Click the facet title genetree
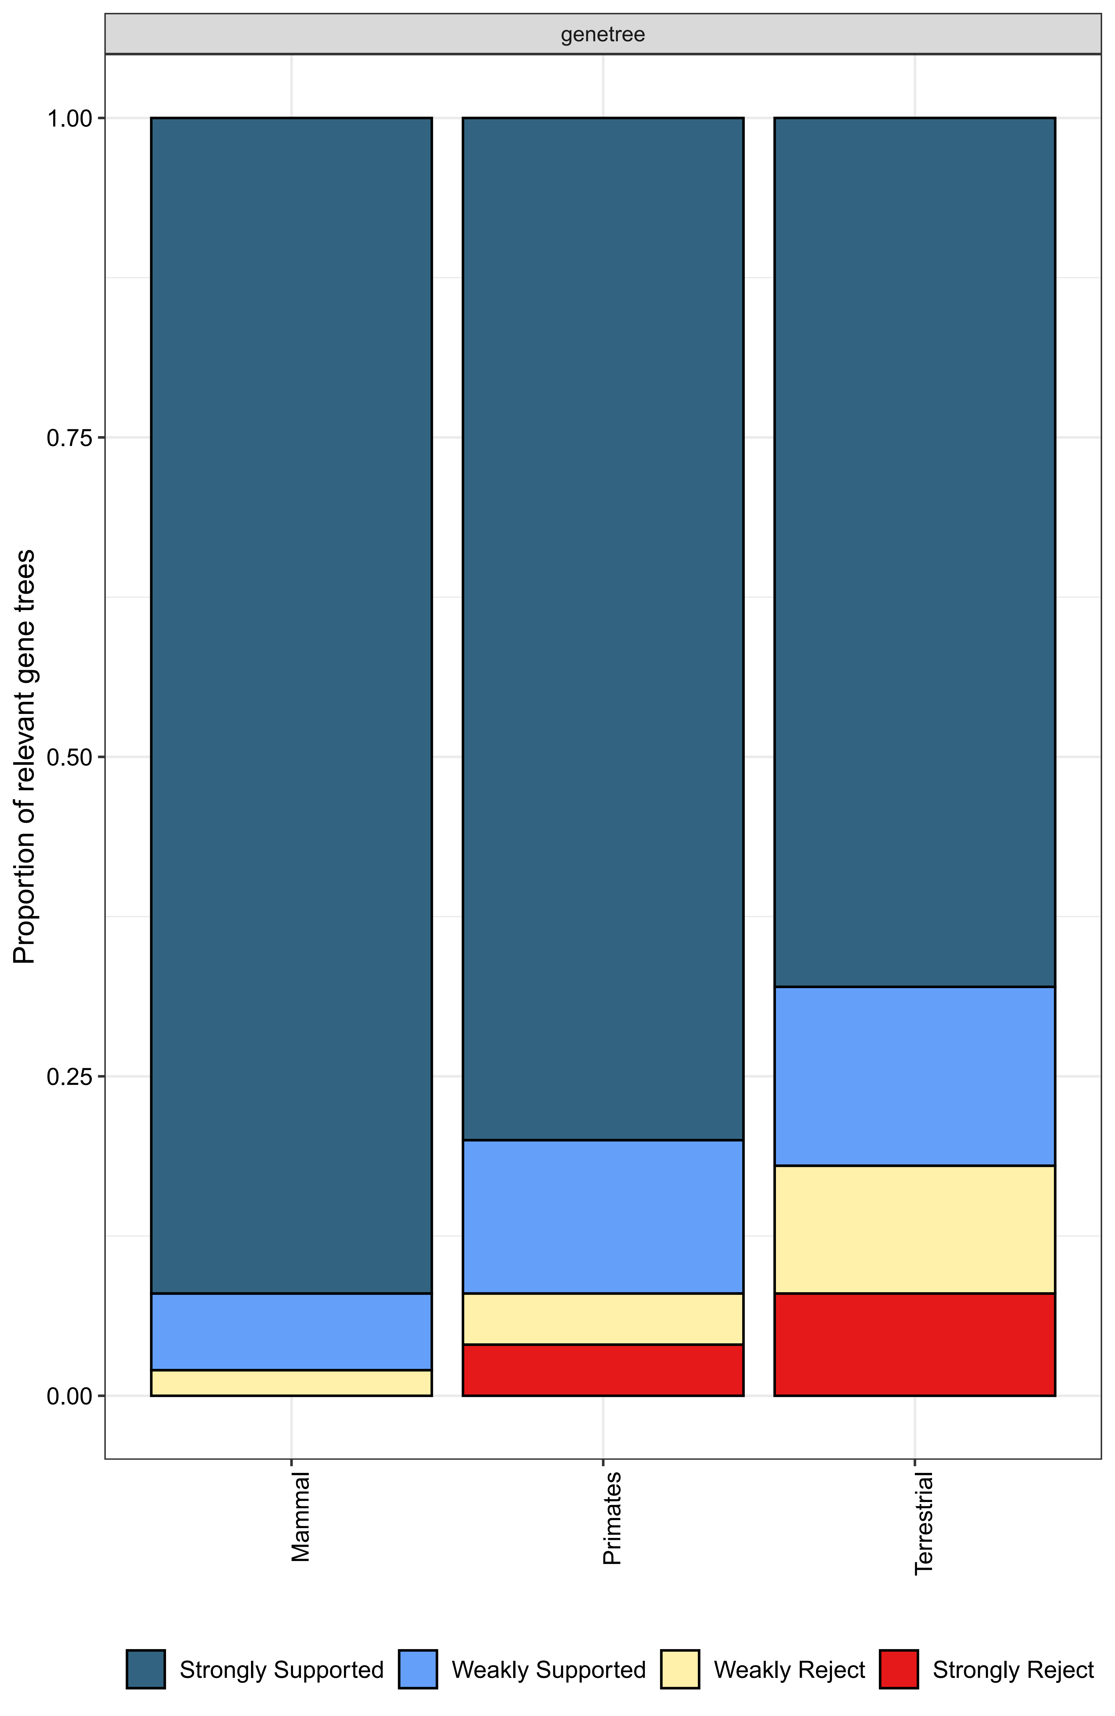click(603, 35)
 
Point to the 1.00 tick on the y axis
click(70, 118)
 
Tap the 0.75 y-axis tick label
click(70, 438)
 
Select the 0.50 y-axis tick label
click(70, 757)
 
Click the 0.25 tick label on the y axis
click(70, 1077)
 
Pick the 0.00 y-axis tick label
click(70, 1396)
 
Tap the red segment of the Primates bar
click(603, 1370)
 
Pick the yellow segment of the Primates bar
click(603, 1319)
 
